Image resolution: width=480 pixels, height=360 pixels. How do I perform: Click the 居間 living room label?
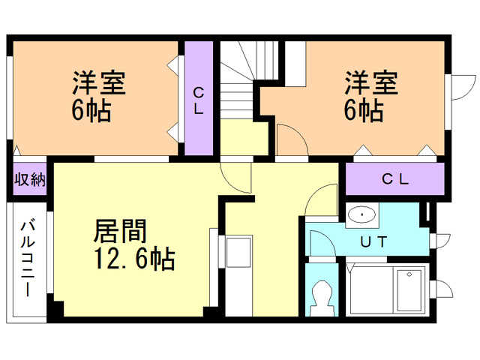[x=120, y=231]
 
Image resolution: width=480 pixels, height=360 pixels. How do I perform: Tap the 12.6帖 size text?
[x=134, y=259]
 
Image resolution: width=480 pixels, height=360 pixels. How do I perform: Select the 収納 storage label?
[x=30, y=179]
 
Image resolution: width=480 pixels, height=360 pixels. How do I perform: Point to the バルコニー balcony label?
[x=28, y=259]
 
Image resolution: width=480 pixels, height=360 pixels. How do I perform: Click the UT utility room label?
[x=373, y=241]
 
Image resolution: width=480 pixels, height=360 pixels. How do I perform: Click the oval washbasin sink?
[x=362, y=214]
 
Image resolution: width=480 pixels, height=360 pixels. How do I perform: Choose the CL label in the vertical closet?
[x=199, y=100]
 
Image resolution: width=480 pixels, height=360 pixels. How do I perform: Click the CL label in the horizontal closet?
[x=395, y=179]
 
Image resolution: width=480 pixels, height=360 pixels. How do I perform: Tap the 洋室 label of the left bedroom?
[x=99, y=82]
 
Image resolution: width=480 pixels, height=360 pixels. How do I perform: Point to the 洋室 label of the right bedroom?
[x=371, y=82]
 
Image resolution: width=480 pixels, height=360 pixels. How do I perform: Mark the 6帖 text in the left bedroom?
[x=91, y=110]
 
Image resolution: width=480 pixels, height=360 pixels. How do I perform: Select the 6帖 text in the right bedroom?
[x=363, y=110]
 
